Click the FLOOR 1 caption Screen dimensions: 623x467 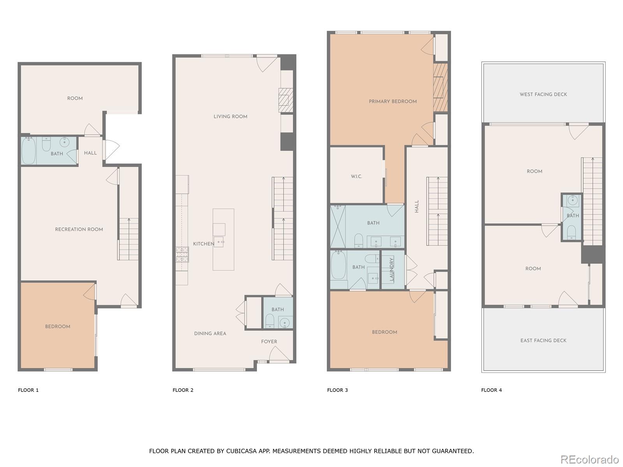point(28,390)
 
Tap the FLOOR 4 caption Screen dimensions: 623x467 point(491,390)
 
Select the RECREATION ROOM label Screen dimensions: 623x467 point(79,229)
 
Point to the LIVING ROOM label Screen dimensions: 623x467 point(230,116)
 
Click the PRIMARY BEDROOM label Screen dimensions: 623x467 point(392,102)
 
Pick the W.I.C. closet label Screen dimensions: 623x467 point(356,177)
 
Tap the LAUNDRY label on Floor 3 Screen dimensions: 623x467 point(392,269)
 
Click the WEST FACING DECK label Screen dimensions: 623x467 point(543,95)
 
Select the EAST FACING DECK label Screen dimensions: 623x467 point(543,341)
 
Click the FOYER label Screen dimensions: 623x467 point(269,342)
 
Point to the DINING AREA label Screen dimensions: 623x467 point(210,334)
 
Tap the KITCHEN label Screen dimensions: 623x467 point(204,244)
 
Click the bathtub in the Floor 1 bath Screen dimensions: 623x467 point(28,151)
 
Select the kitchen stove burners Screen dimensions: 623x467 point(182,255)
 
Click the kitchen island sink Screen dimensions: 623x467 point(218,242)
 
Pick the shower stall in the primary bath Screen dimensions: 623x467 point(338,226)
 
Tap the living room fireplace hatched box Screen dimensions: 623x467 point(285,100)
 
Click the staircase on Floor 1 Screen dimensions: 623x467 point(128,239)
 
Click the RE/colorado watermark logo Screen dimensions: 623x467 point(590,459)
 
